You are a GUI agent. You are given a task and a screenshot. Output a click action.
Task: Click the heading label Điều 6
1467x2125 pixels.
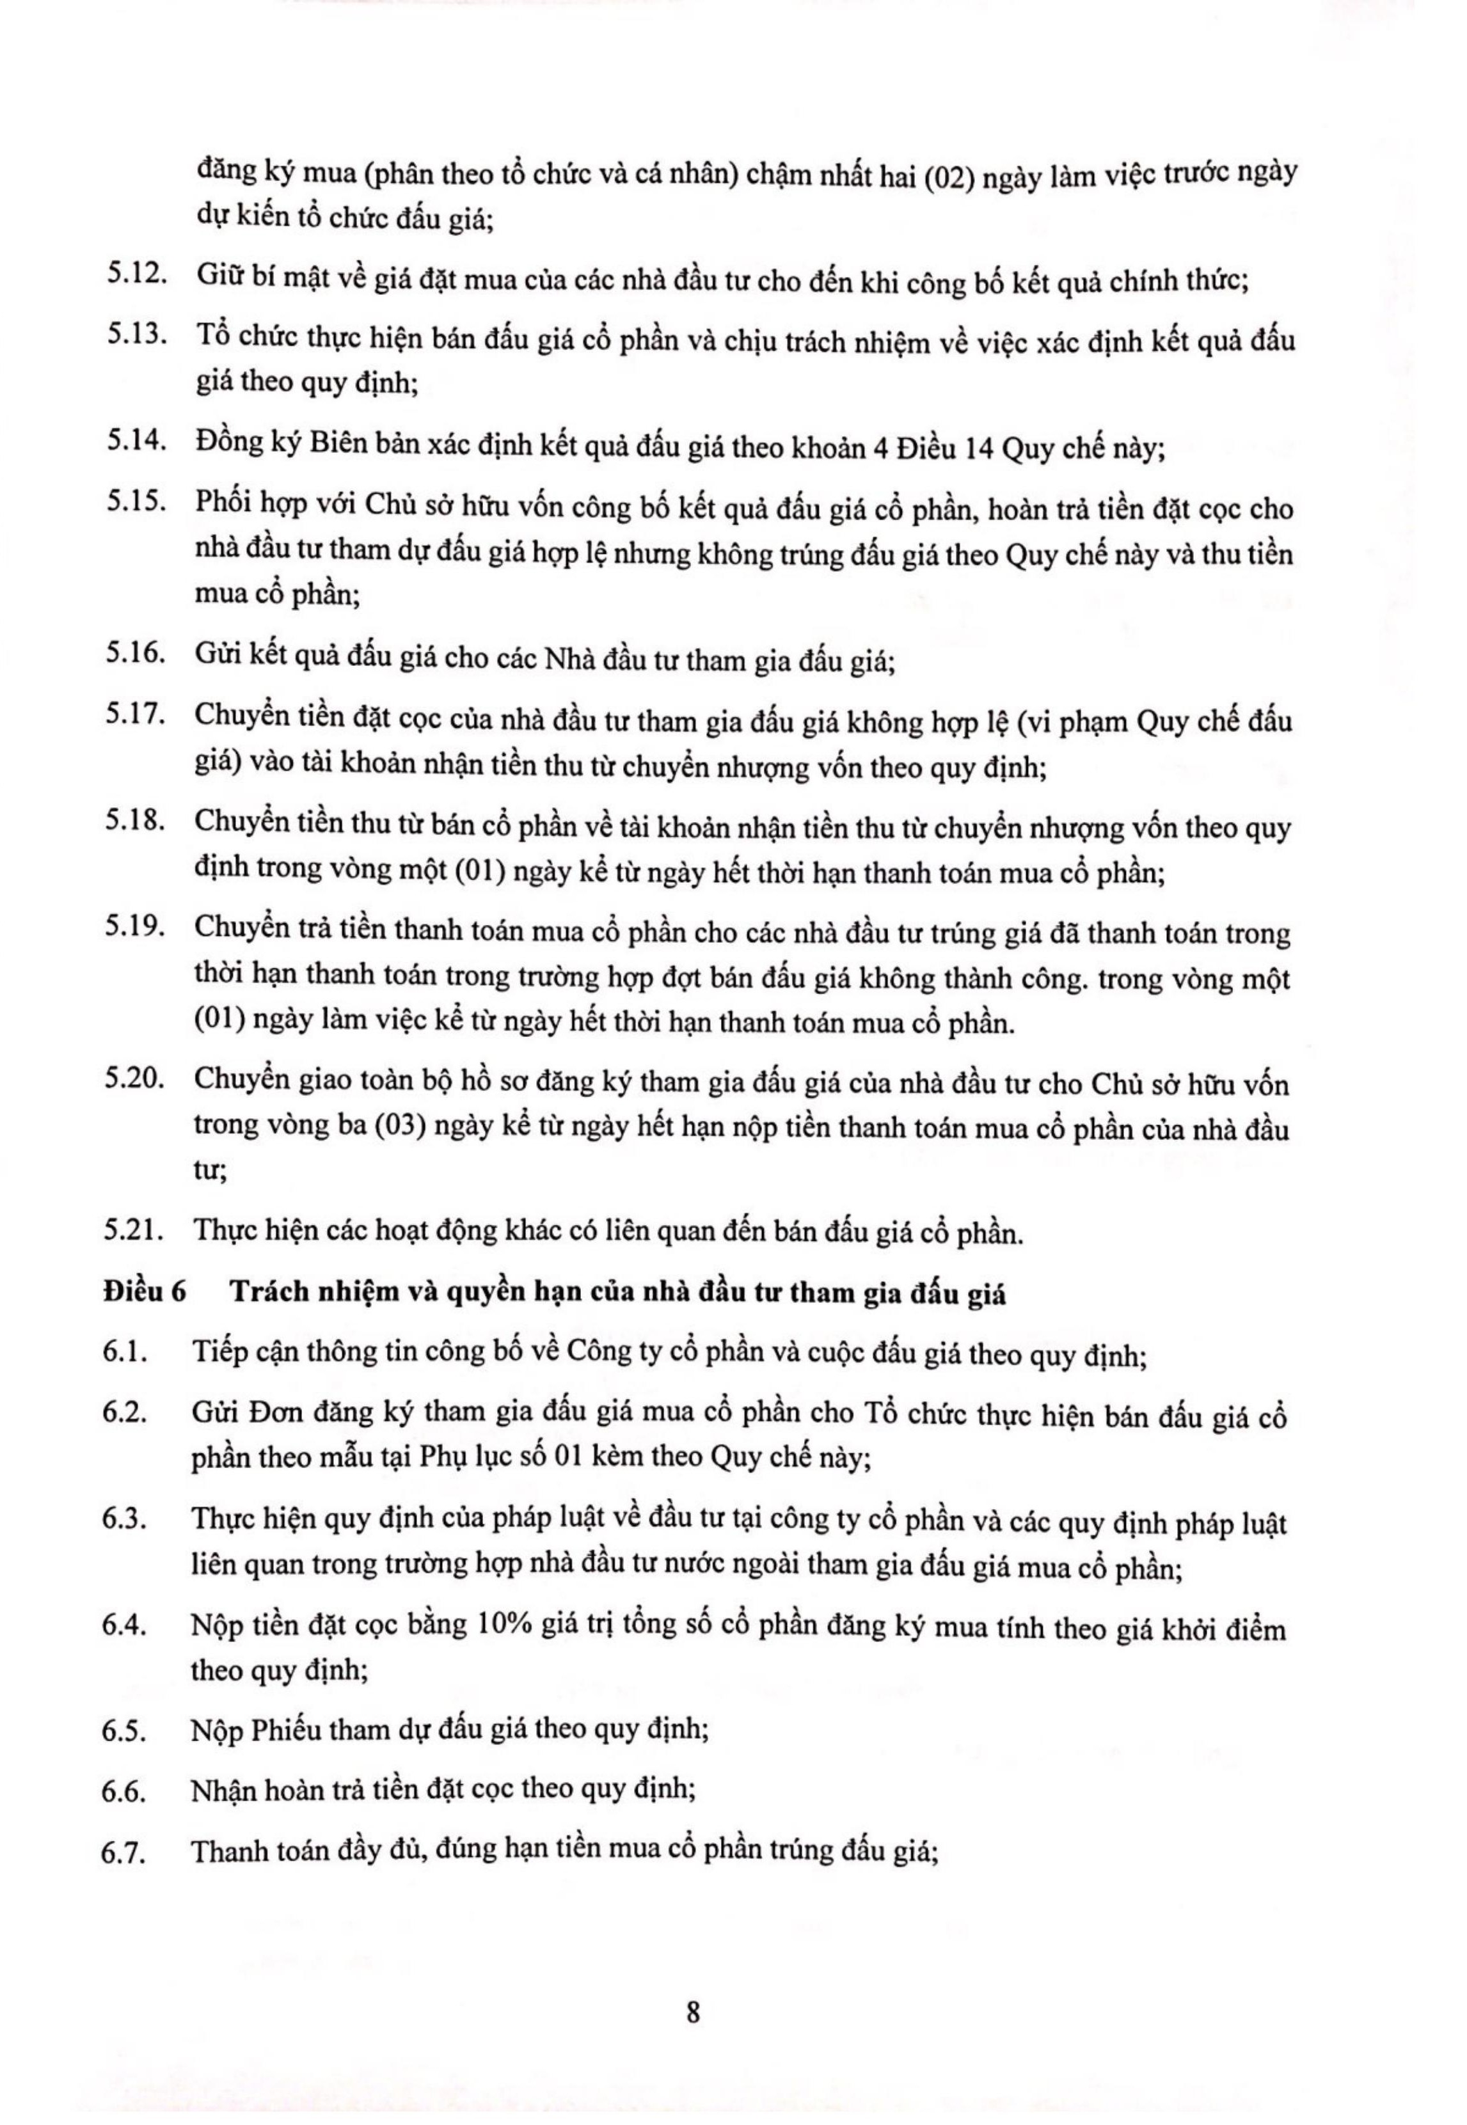pos(145,1292)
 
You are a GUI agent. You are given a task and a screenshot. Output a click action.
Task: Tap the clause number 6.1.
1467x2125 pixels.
pos(125,1354)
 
